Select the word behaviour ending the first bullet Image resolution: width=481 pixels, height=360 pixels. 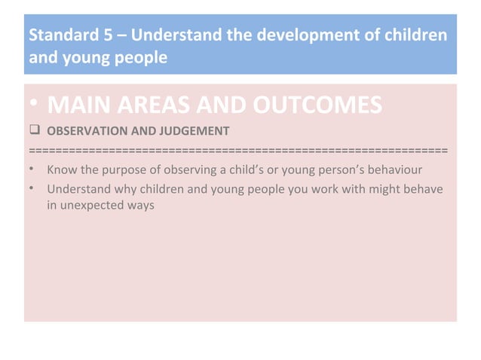[404, 168]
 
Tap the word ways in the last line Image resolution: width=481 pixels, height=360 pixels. [142, 204]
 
